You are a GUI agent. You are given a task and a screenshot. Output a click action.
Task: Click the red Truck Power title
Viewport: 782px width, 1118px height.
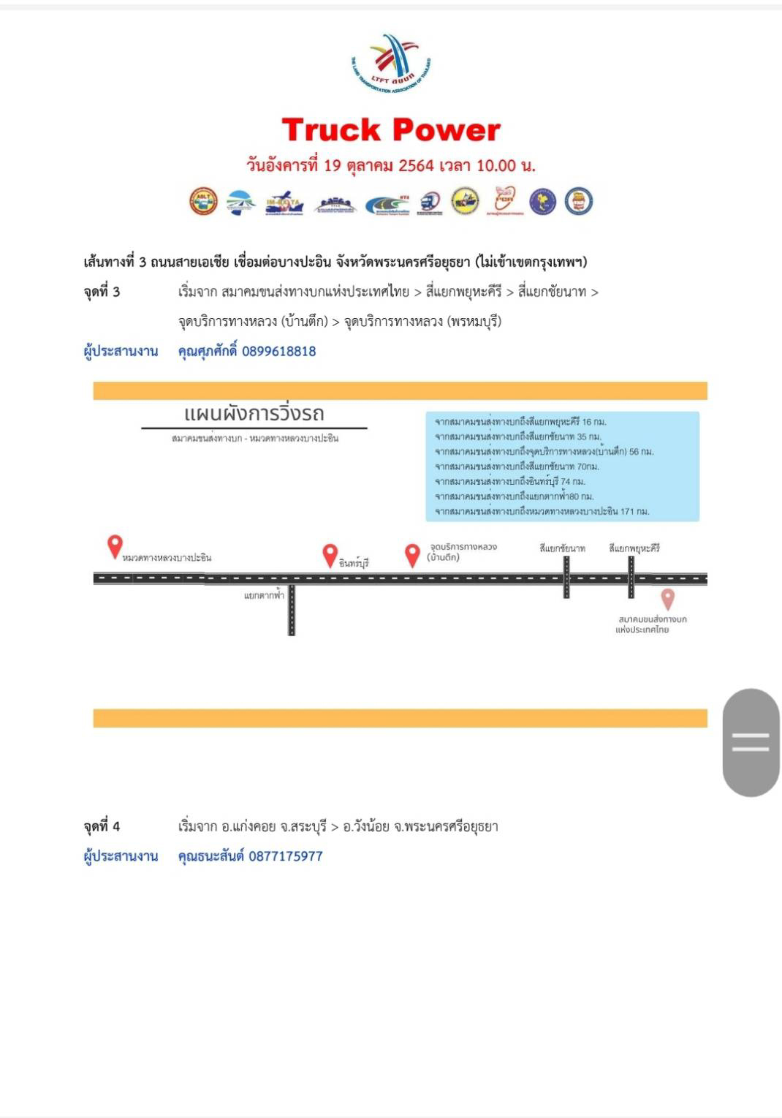click(391, 130)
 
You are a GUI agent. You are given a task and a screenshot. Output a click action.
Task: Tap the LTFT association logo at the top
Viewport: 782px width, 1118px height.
click(391, 64)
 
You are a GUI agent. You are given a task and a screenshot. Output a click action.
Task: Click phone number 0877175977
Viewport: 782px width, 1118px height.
click(285, 856)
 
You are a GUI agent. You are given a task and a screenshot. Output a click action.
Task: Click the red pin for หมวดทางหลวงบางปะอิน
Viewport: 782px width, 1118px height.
click(115, 545)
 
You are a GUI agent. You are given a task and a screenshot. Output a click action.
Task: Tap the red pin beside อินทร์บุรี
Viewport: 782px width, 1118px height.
click(330, 555)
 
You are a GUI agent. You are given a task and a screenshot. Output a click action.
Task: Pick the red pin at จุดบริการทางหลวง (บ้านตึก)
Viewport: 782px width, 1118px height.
click(412, 555)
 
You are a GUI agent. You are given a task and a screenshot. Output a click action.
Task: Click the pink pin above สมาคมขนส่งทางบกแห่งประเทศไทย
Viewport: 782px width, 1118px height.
click(667, 600)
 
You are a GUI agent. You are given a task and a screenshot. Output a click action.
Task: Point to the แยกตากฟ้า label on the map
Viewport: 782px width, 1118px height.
click(264, 596)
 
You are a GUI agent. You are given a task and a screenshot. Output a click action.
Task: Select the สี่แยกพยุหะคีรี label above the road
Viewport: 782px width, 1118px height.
click(634, 548)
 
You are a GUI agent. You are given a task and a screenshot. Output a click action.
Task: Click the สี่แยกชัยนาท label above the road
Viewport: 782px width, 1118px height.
click(562, 548)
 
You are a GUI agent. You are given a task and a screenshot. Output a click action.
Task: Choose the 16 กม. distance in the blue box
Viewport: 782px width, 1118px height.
click(594, 422)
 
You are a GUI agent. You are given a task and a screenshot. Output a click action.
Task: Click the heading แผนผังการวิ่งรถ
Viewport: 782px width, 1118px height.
click(254, 414)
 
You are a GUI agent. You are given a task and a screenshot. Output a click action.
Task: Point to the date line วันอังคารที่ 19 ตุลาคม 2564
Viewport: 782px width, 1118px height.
click(391, 165)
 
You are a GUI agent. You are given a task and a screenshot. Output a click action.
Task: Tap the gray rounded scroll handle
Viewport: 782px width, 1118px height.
click(751, 742)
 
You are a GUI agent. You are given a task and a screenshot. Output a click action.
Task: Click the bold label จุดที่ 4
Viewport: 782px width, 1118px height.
click(102, 827)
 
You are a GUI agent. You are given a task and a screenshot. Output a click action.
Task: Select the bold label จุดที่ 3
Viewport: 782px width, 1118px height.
click(102, 292)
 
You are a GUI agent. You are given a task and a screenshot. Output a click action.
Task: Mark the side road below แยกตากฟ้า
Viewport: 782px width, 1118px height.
click(291, 614)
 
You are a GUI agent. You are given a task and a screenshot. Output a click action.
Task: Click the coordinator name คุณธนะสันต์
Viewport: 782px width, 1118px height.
click(210, 856)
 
